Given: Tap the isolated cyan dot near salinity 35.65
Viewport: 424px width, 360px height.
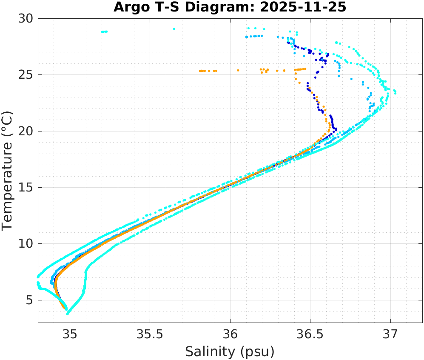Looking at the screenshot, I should tap(174, 29).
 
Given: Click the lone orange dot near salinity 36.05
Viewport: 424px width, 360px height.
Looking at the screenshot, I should tap(238, 70).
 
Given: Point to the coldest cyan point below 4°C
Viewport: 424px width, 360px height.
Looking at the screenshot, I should tap(68, 314).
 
